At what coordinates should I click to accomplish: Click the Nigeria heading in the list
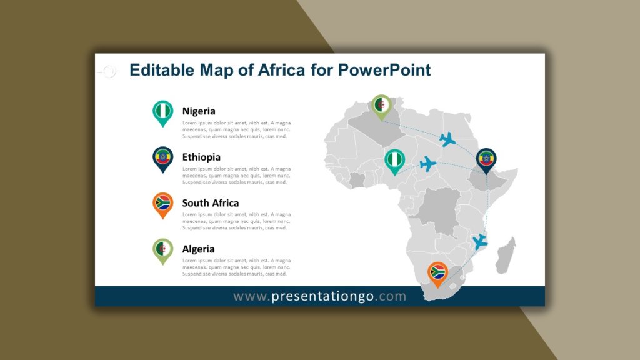click(199, 111)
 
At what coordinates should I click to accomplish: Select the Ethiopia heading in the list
click(201, 157)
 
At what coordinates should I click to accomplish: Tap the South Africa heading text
click(211, 203)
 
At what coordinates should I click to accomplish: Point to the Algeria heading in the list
click(198, 249)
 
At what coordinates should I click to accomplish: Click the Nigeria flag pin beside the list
click(163, 112)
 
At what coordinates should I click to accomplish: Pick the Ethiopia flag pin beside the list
click(163, 159)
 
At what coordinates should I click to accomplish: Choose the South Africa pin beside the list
click(163, 205)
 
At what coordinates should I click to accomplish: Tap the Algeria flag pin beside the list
click(163, 251)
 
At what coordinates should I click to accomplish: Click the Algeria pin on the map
click(382, 106)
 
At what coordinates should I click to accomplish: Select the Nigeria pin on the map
click(395, 161)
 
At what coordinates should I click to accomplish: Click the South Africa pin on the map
click(437, 274)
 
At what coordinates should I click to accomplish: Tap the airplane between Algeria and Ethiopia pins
click(447, 139)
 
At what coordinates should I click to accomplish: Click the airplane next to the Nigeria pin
click(428, 164)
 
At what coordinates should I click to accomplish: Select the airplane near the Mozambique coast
click(479, 242)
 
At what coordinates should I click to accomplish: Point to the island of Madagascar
click(506, 256)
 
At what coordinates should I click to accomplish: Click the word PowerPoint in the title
click(384, 70)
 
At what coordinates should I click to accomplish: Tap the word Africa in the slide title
click(282, 70)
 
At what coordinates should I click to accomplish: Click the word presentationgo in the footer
click(323, 296)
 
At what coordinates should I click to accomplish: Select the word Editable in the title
click(162, 70)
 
